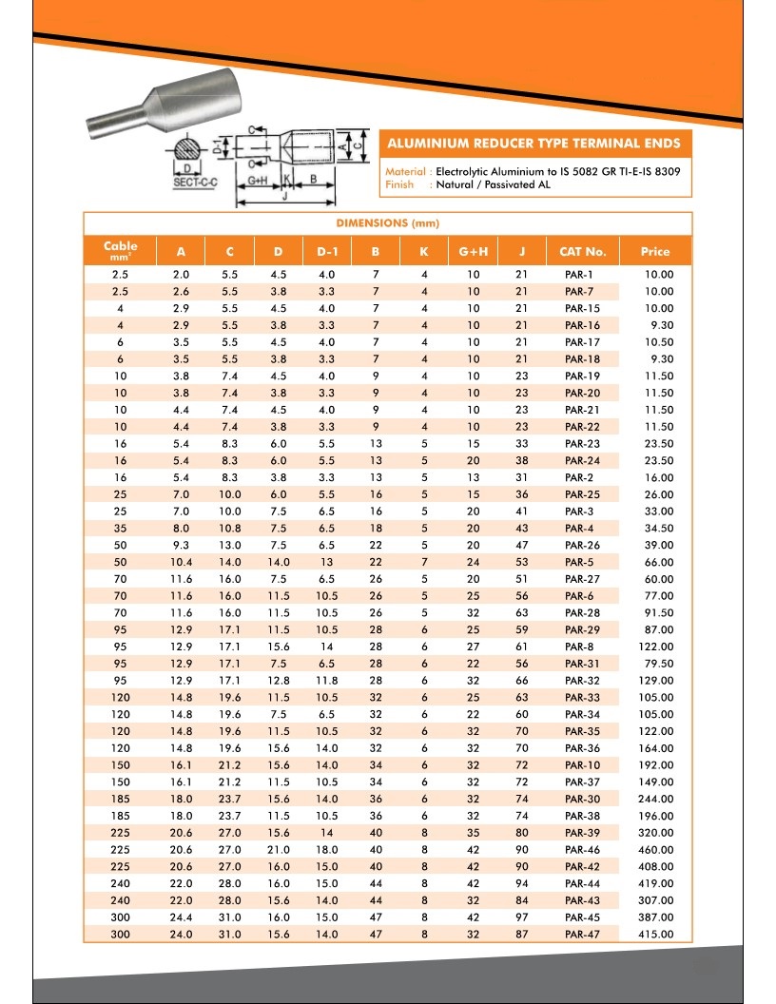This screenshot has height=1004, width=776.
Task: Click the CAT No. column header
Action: [582, 252]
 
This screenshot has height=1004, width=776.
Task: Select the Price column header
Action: [654, 252]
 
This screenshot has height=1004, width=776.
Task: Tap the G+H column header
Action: [473, 252]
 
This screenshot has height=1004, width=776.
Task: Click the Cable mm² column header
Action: [121, 251]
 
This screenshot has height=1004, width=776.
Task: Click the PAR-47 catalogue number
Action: [581, 935]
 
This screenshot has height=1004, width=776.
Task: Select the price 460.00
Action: [656, 850]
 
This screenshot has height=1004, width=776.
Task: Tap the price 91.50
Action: [656, 613]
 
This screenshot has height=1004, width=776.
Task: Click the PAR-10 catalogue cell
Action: [581, 765]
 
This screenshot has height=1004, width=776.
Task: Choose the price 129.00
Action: [656, 681]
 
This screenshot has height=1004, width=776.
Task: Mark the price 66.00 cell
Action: [656, 562]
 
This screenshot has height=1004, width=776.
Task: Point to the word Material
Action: [406, 171]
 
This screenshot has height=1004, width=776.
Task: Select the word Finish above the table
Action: [400, 184]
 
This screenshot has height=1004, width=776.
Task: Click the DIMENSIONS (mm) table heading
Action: [388, 222]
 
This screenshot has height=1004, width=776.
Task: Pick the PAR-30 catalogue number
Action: [581, 800]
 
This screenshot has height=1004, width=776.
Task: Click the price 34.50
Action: [656, 529]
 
